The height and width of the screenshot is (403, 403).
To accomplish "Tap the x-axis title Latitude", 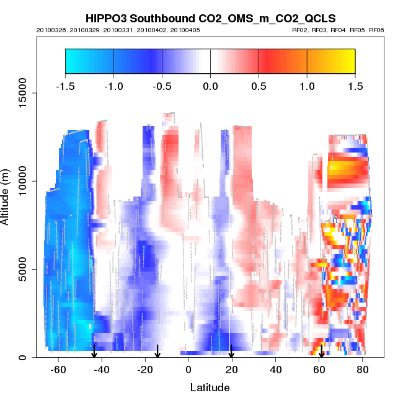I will click(x=210, y=387).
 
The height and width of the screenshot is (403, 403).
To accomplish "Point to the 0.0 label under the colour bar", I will click(x=210, y=85).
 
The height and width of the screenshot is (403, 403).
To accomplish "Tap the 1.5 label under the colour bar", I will click(x=355, y=85).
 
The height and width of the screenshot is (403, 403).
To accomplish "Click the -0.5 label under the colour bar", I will click(x=162, y=85).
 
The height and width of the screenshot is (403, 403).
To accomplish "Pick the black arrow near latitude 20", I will click(x=231, y=352).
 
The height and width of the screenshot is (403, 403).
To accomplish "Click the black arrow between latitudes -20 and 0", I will click(x=157, y=352).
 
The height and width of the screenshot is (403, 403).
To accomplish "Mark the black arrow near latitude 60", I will click(x=321, y=352).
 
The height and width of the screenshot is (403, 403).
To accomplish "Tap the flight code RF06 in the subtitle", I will click(x=376, y=30).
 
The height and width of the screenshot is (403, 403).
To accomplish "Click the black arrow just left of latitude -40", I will click(x=94, y=352).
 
